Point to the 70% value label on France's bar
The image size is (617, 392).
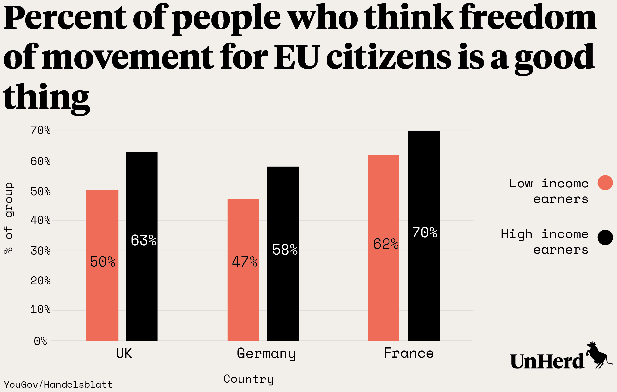[424, 233]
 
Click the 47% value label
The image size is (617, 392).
[245, 262]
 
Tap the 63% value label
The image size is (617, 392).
[144, 240]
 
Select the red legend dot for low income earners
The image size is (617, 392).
[605, 183]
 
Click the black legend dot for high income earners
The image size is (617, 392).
[605, 237]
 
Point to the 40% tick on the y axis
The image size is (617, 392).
[40, 220]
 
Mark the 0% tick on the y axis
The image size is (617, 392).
[40, 341]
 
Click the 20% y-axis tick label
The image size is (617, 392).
[40, 281]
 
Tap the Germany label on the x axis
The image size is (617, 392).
[266, 354]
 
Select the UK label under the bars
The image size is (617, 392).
[124, 354]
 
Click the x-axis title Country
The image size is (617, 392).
[248, 379]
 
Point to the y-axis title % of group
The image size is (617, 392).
[9, 218]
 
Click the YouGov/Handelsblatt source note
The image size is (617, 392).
[58, 384]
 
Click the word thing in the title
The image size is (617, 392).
[46, 97]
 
